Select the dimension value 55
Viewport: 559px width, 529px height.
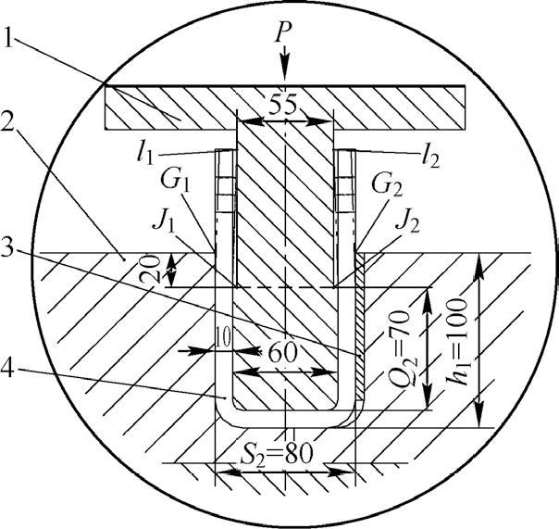coord(282,105)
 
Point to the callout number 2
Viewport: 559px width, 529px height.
coord(8,121)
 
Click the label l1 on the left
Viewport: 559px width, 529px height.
coord(146,156)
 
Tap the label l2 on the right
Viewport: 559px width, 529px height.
coord(430,157)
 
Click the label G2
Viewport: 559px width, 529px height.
coord(387,186)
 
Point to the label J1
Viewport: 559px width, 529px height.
coord(164,222)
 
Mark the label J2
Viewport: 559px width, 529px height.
coord(406,224)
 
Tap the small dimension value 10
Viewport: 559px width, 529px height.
coord(224,336)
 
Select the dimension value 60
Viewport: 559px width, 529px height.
coord(282,353)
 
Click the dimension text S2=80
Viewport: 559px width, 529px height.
coord(277,453)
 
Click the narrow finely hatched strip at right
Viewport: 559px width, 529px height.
coord(360,326)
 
